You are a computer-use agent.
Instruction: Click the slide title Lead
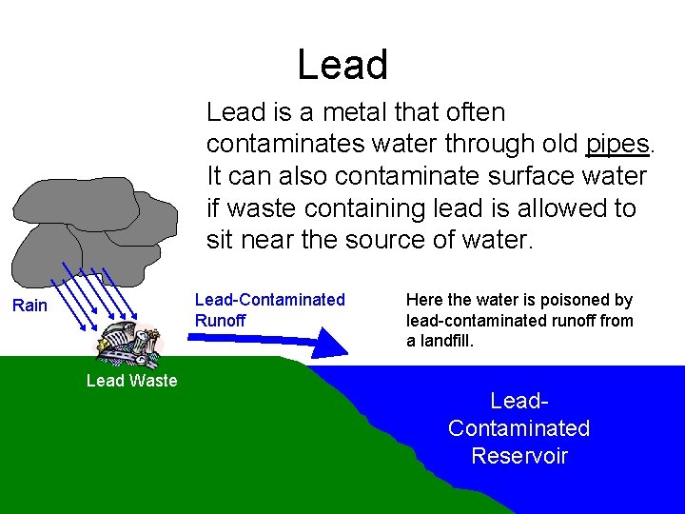(x=342, y=65)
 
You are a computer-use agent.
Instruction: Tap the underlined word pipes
(x=617, y=145)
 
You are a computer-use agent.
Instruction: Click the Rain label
(x=29, y=306)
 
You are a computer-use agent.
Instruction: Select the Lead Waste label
(x=131, y=381)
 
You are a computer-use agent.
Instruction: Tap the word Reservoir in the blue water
(x=519, y=456)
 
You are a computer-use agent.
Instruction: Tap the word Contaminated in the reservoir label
(x=519, y=428)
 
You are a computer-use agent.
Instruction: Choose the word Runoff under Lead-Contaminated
(x=220, y=321)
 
